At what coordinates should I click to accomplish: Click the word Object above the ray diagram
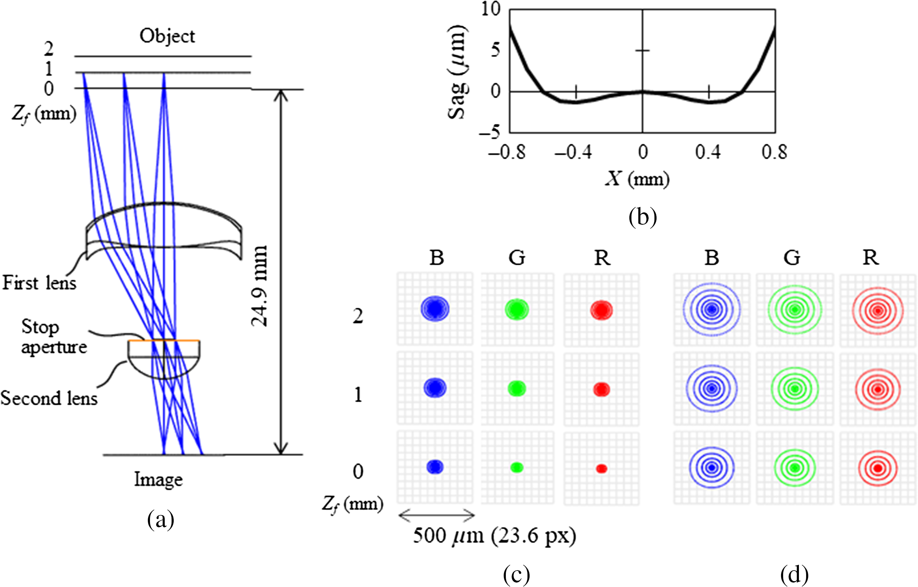point(167,36)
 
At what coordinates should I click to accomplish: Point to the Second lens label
point(49,398)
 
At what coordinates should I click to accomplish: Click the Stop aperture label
point(54,337)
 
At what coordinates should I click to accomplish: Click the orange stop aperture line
point(164,340)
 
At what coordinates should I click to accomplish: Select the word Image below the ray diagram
point(158,480)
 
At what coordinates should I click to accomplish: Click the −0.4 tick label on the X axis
point(573,152)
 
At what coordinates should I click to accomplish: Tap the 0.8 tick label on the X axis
point(774,152)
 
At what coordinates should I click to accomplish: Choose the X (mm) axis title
point(637,178)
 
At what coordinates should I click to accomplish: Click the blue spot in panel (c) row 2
point(435,309)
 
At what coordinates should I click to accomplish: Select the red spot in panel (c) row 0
point(602,468)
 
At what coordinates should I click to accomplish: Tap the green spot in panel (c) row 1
point(517,388)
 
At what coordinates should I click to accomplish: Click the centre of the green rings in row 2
point(795,310)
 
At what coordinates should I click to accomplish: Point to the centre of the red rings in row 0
point(878,468)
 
